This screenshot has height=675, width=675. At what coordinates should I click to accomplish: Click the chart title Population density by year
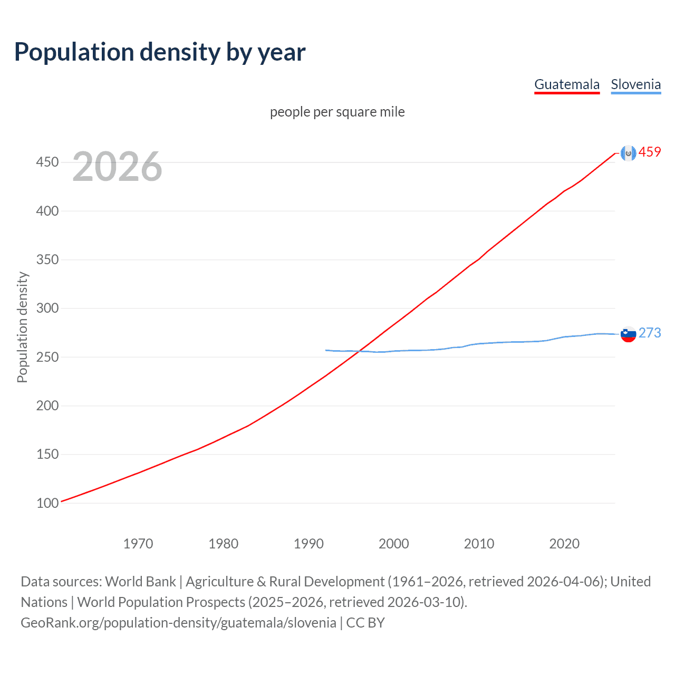point(160,52)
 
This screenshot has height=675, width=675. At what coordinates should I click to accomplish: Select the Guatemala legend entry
point(567,84)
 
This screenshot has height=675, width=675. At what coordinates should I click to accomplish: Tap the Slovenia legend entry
point(635,84)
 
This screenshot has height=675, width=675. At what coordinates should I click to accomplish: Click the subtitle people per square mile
point(337,112)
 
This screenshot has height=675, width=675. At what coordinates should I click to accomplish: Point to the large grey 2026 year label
point(117,167)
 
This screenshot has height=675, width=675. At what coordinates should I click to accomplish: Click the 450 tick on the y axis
point(47,162)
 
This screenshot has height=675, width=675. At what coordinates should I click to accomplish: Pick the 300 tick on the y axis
point(47,308)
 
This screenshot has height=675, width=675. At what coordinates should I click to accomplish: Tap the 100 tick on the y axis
point(47,503)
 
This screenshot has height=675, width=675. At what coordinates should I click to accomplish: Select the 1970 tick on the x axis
point(138,544)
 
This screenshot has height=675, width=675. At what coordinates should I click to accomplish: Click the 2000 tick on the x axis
point(394,544)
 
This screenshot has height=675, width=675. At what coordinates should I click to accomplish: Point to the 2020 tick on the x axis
point(564,544)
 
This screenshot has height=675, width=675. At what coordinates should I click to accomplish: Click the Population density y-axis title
point(22,327)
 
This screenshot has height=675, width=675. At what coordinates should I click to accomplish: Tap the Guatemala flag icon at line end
point(628,153)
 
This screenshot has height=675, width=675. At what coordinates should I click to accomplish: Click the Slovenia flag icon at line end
point(628,334)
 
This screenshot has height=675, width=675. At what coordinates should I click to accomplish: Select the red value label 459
point(650,152)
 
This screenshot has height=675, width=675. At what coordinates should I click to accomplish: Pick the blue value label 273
point(650,333)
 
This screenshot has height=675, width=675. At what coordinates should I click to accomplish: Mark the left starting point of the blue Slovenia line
point(326,350)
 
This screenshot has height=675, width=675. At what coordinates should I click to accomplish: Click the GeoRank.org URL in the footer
point(178,623)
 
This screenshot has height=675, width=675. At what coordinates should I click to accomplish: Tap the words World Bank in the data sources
point(140,582)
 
